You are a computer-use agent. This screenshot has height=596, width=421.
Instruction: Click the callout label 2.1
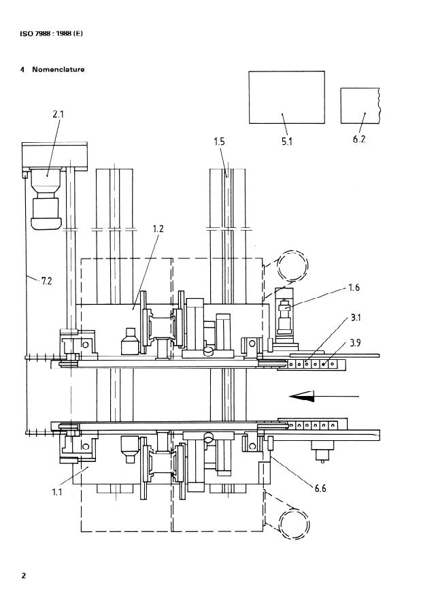[x=58, y=113]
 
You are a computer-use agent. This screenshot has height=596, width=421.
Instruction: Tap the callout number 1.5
[x=219, y=142]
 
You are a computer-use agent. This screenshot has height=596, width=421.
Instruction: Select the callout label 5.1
[x=287, y=142]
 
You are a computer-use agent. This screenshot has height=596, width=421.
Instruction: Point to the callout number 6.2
[x=358, y=139]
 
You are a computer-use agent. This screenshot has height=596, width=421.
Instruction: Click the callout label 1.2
[x=158, y=229]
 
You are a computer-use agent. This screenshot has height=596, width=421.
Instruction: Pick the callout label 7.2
[x=46, y=281]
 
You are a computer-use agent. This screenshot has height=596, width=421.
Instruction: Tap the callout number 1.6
[x=354, y=287]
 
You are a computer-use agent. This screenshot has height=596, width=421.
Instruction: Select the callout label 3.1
[x=355, y=317]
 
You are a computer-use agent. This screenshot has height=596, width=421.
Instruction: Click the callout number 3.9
[x=355, y=343]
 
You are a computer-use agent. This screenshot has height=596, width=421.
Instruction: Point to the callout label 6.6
[x=320, y=488]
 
